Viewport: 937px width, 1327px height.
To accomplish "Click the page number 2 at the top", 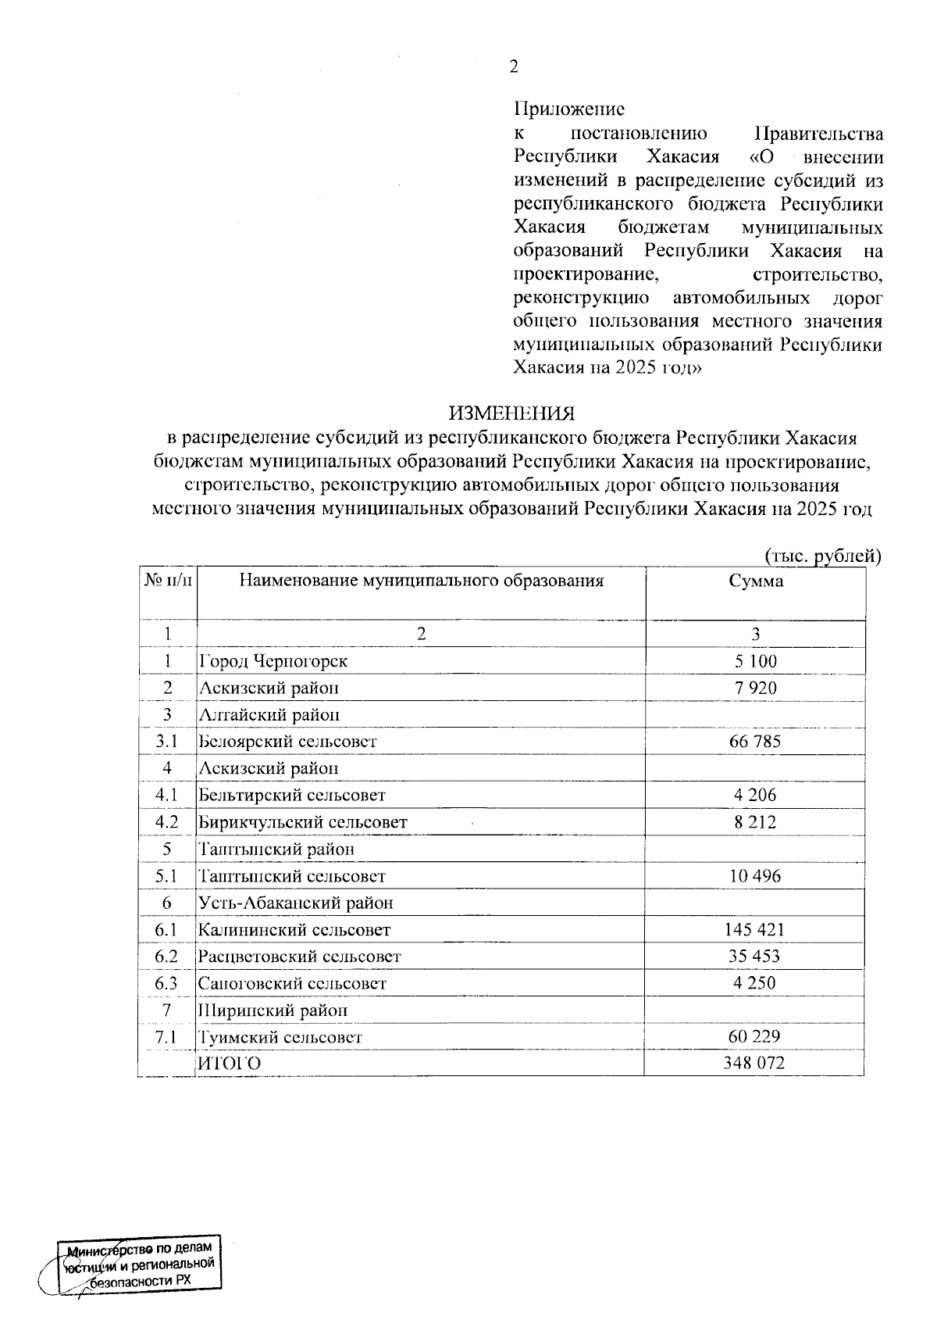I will tap(513, 67).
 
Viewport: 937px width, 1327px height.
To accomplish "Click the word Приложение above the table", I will tap(569, 109).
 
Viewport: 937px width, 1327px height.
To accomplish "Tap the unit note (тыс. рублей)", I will tap(822, 556).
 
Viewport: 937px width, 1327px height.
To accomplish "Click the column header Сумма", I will tap(755, 581).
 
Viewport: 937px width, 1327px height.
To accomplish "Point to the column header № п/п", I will tap(167, 581).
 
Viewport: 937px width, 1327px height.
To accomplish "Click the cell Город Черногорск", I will tap(273, 661).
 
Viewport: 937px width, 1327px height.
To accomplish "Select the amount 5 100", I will tap(755, 661).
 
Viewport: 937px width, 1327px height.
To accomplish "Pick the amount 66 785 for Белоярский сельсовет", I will tap(755, 742).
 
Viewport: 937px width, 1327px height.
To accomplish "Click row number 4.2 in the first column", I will tap(166, 822).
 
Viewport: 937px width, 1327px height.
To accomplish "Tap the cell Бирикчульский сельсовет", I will tap(303, 822).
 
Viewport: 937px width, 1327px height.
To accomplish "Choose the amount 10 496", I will tap(755, 876).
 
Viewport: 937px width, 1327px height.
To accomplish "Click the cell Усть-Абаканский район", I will tap(296, 903).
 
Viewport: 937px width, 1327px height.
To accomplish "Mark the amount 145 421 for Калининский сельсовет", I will tap(755, 930).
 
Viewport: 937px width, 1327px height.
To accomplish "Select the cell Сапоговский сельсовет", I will tap(293, 984).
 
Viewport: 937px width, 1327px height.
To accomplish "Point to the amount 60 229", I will tap(755, 1037).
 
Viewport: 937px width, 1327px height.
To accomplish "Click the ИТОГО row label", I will tap(230, 1064).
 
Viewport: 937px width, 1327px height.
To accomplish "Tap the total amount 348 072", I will tap(755, 1064).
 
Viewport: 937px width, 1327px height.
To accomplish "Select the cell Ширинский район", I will tap(273, 1010).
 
